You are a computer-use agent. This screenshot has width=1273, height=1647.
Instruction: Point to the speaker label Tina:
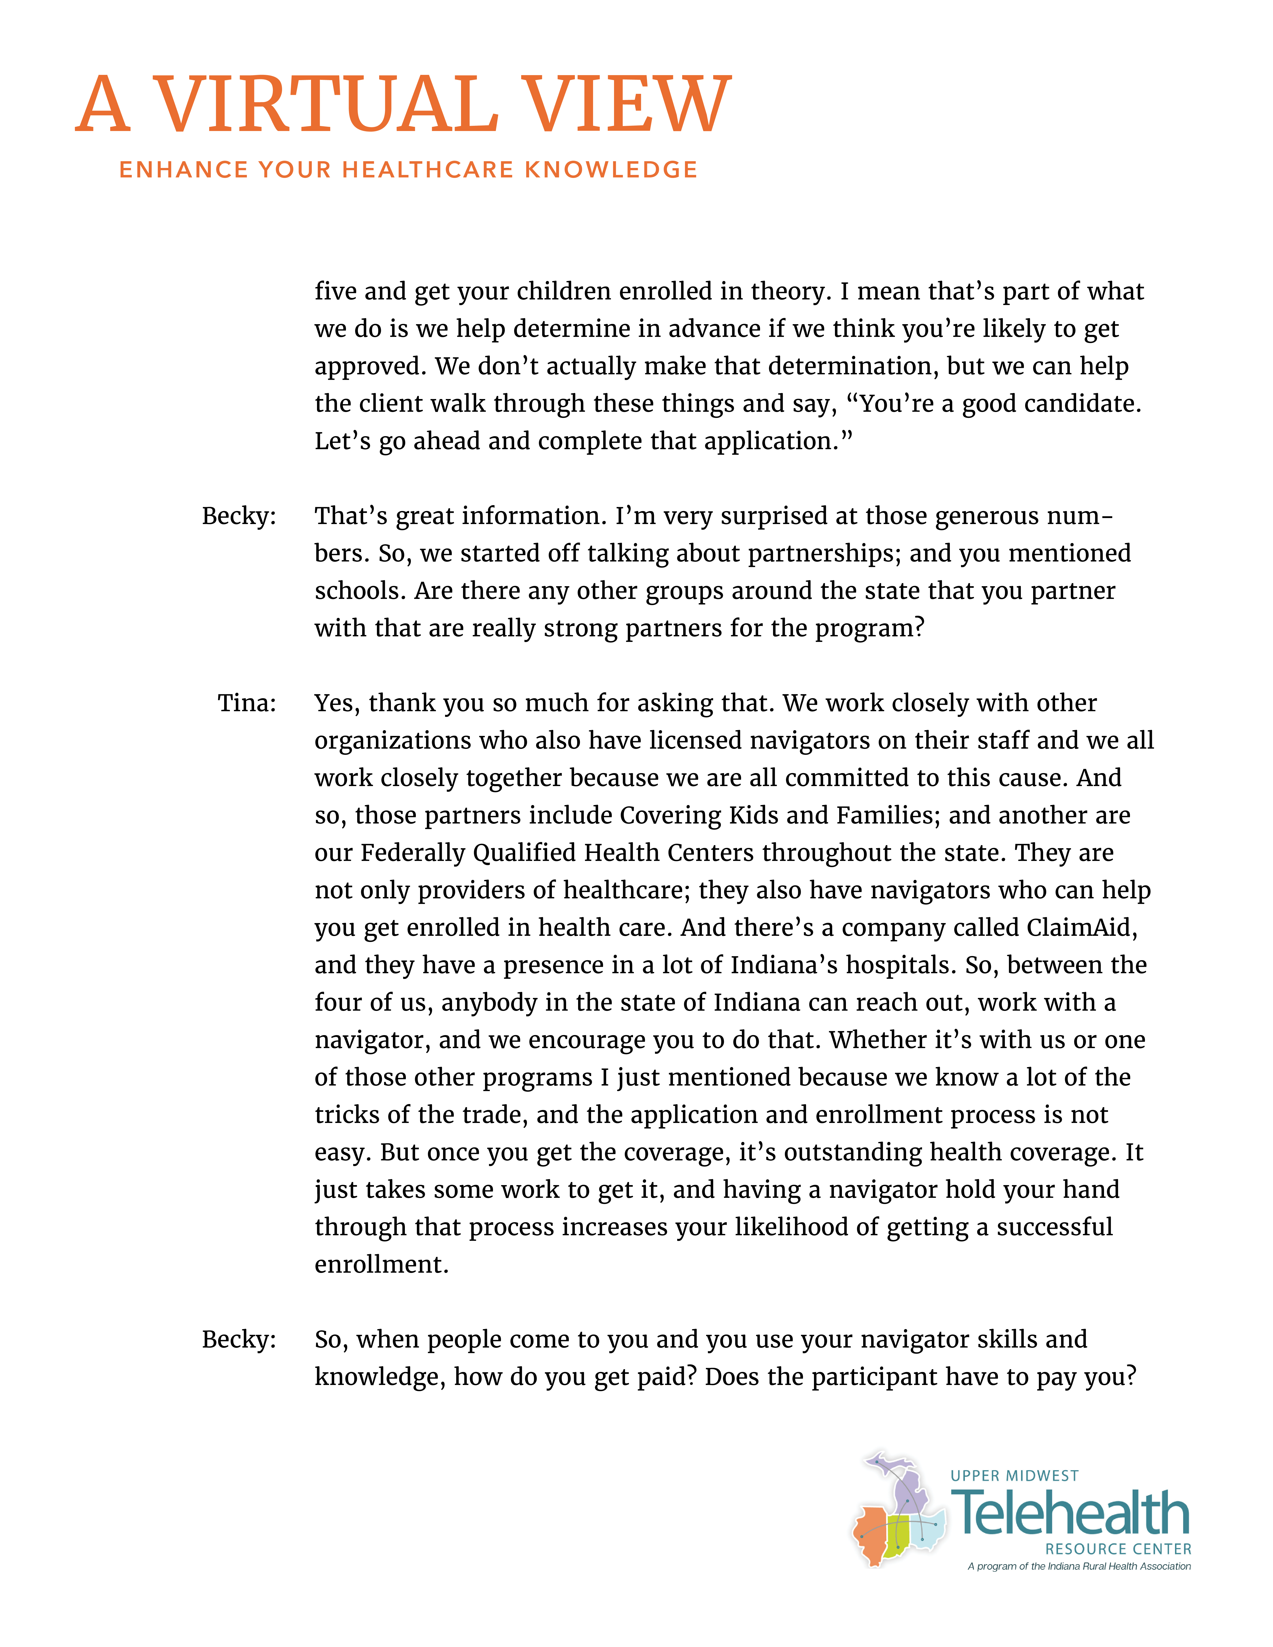(x=247, y=703)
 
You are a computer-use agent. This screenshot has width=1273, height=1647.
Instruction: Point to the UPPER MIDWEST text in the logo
(x=1014, y=1476)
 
